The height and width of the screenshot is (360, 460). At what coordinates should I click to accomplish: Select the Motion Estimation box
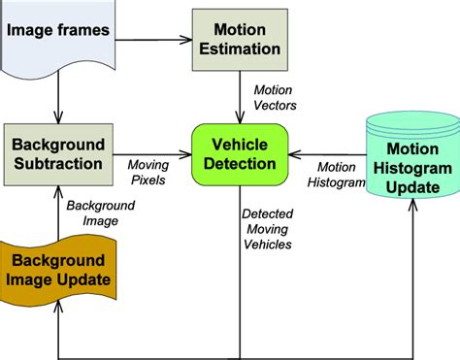[x=241, y=39]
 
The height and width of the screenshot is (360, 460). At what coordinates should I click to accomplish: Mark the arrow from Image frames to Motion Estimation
[x=154, y=39]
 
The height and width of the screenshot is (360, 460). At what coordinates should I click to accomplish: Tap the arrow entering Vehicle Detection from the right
[x=330, y=152]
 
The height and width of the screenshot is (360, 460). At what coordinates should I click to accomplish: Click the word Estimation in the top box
[x=241, y=49]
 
